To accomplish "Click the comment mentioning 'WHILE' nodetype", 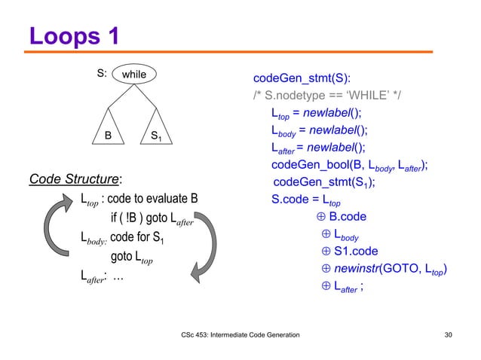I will [x=328, y=96].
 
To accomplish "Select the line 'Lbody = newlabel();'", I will [x=324, y=130].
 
